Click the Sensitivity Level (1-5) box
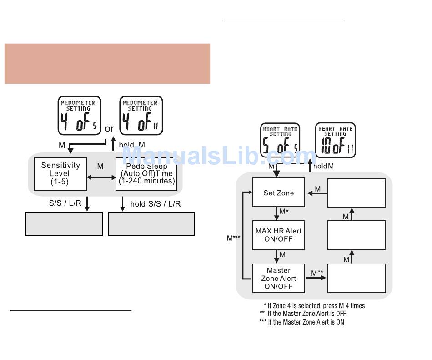tap(60, 173)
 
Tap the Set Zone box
tap(278, 193)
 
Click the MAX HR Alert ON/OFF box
tap(278, 235)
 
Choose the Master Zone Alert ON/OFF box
tap(278, 278)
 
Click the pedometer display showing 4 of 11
tap(141, 115)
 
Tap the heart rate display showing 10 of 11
tap(336, 140)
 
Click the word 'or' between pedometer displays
tap(110, 129)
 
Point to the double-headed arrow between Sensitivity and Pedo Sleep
tap(100, 178)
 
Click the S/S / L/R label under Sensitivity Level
tap(65, 203)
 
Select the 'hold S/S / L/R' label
tap(155, 204)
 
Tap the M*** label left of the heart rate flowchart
tap(233, 238)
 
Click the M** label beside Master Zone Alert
tap(317, 273)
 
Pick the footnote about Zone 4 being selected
tap(314, 306)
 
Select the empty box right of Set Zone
tap(357, 193)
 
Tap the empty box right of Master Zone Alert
tap(357, 278)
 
